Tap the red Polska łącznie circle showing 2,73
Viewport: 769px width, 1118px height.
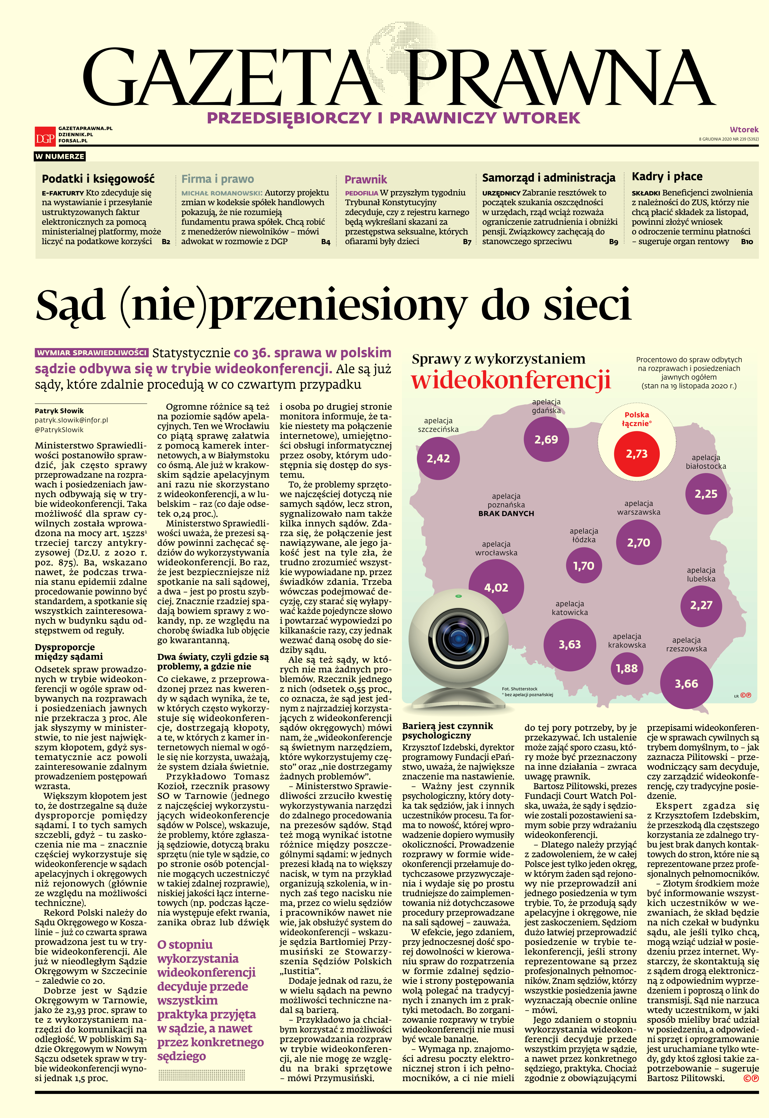click(x=637, y=454)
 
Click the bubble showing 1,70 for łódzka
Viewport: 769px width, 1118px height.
click(x=584, y=566)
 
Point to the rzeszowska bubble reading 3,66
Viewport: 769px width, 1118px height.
click(x=686, y=683)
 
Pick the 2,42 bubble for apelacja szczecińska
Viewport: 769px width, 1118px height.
click(x=438, y=458)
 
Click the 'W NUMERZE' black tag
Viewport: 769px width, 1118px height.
click(x=60, y=156)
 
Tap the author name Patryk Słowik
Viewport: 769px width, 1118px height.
click(x=59, y=411)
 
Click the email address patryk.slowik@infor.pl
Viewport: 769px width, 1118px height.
click(x=71, y=420)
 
